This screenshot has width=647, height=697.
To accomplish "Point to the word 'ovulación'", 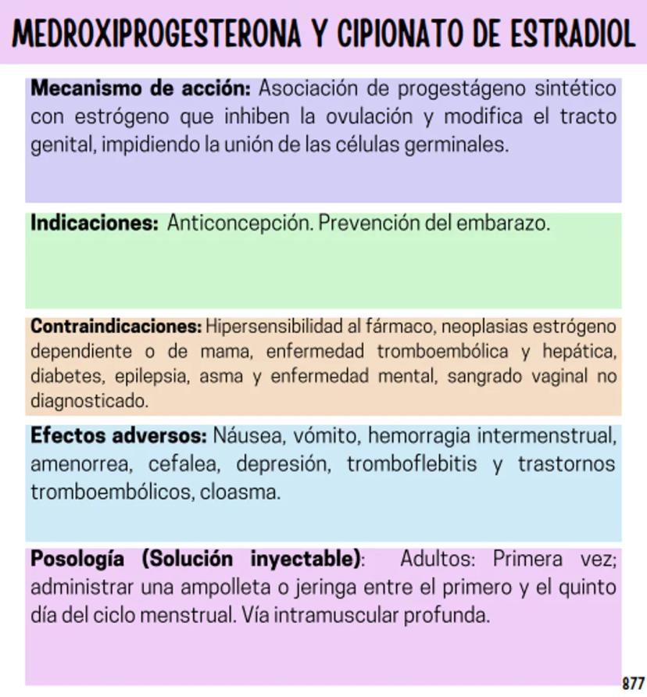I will click(369, 117).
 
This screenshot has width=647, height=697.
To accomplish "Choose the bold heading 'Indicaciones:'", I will click(94, 223).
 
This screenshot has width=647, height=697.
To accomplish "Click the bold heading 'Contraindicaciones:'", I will click(116, 325).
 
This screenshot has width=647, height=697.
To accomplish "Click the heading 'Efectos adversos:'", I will click(118, 435).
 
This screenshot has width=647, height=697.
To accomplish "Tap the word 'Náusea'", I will click(248, 435).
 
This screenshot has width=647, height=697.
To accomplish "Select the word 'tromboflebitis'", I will click(412, 464).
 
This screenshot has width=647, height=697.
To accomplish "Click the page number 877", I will click(633, 682).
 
